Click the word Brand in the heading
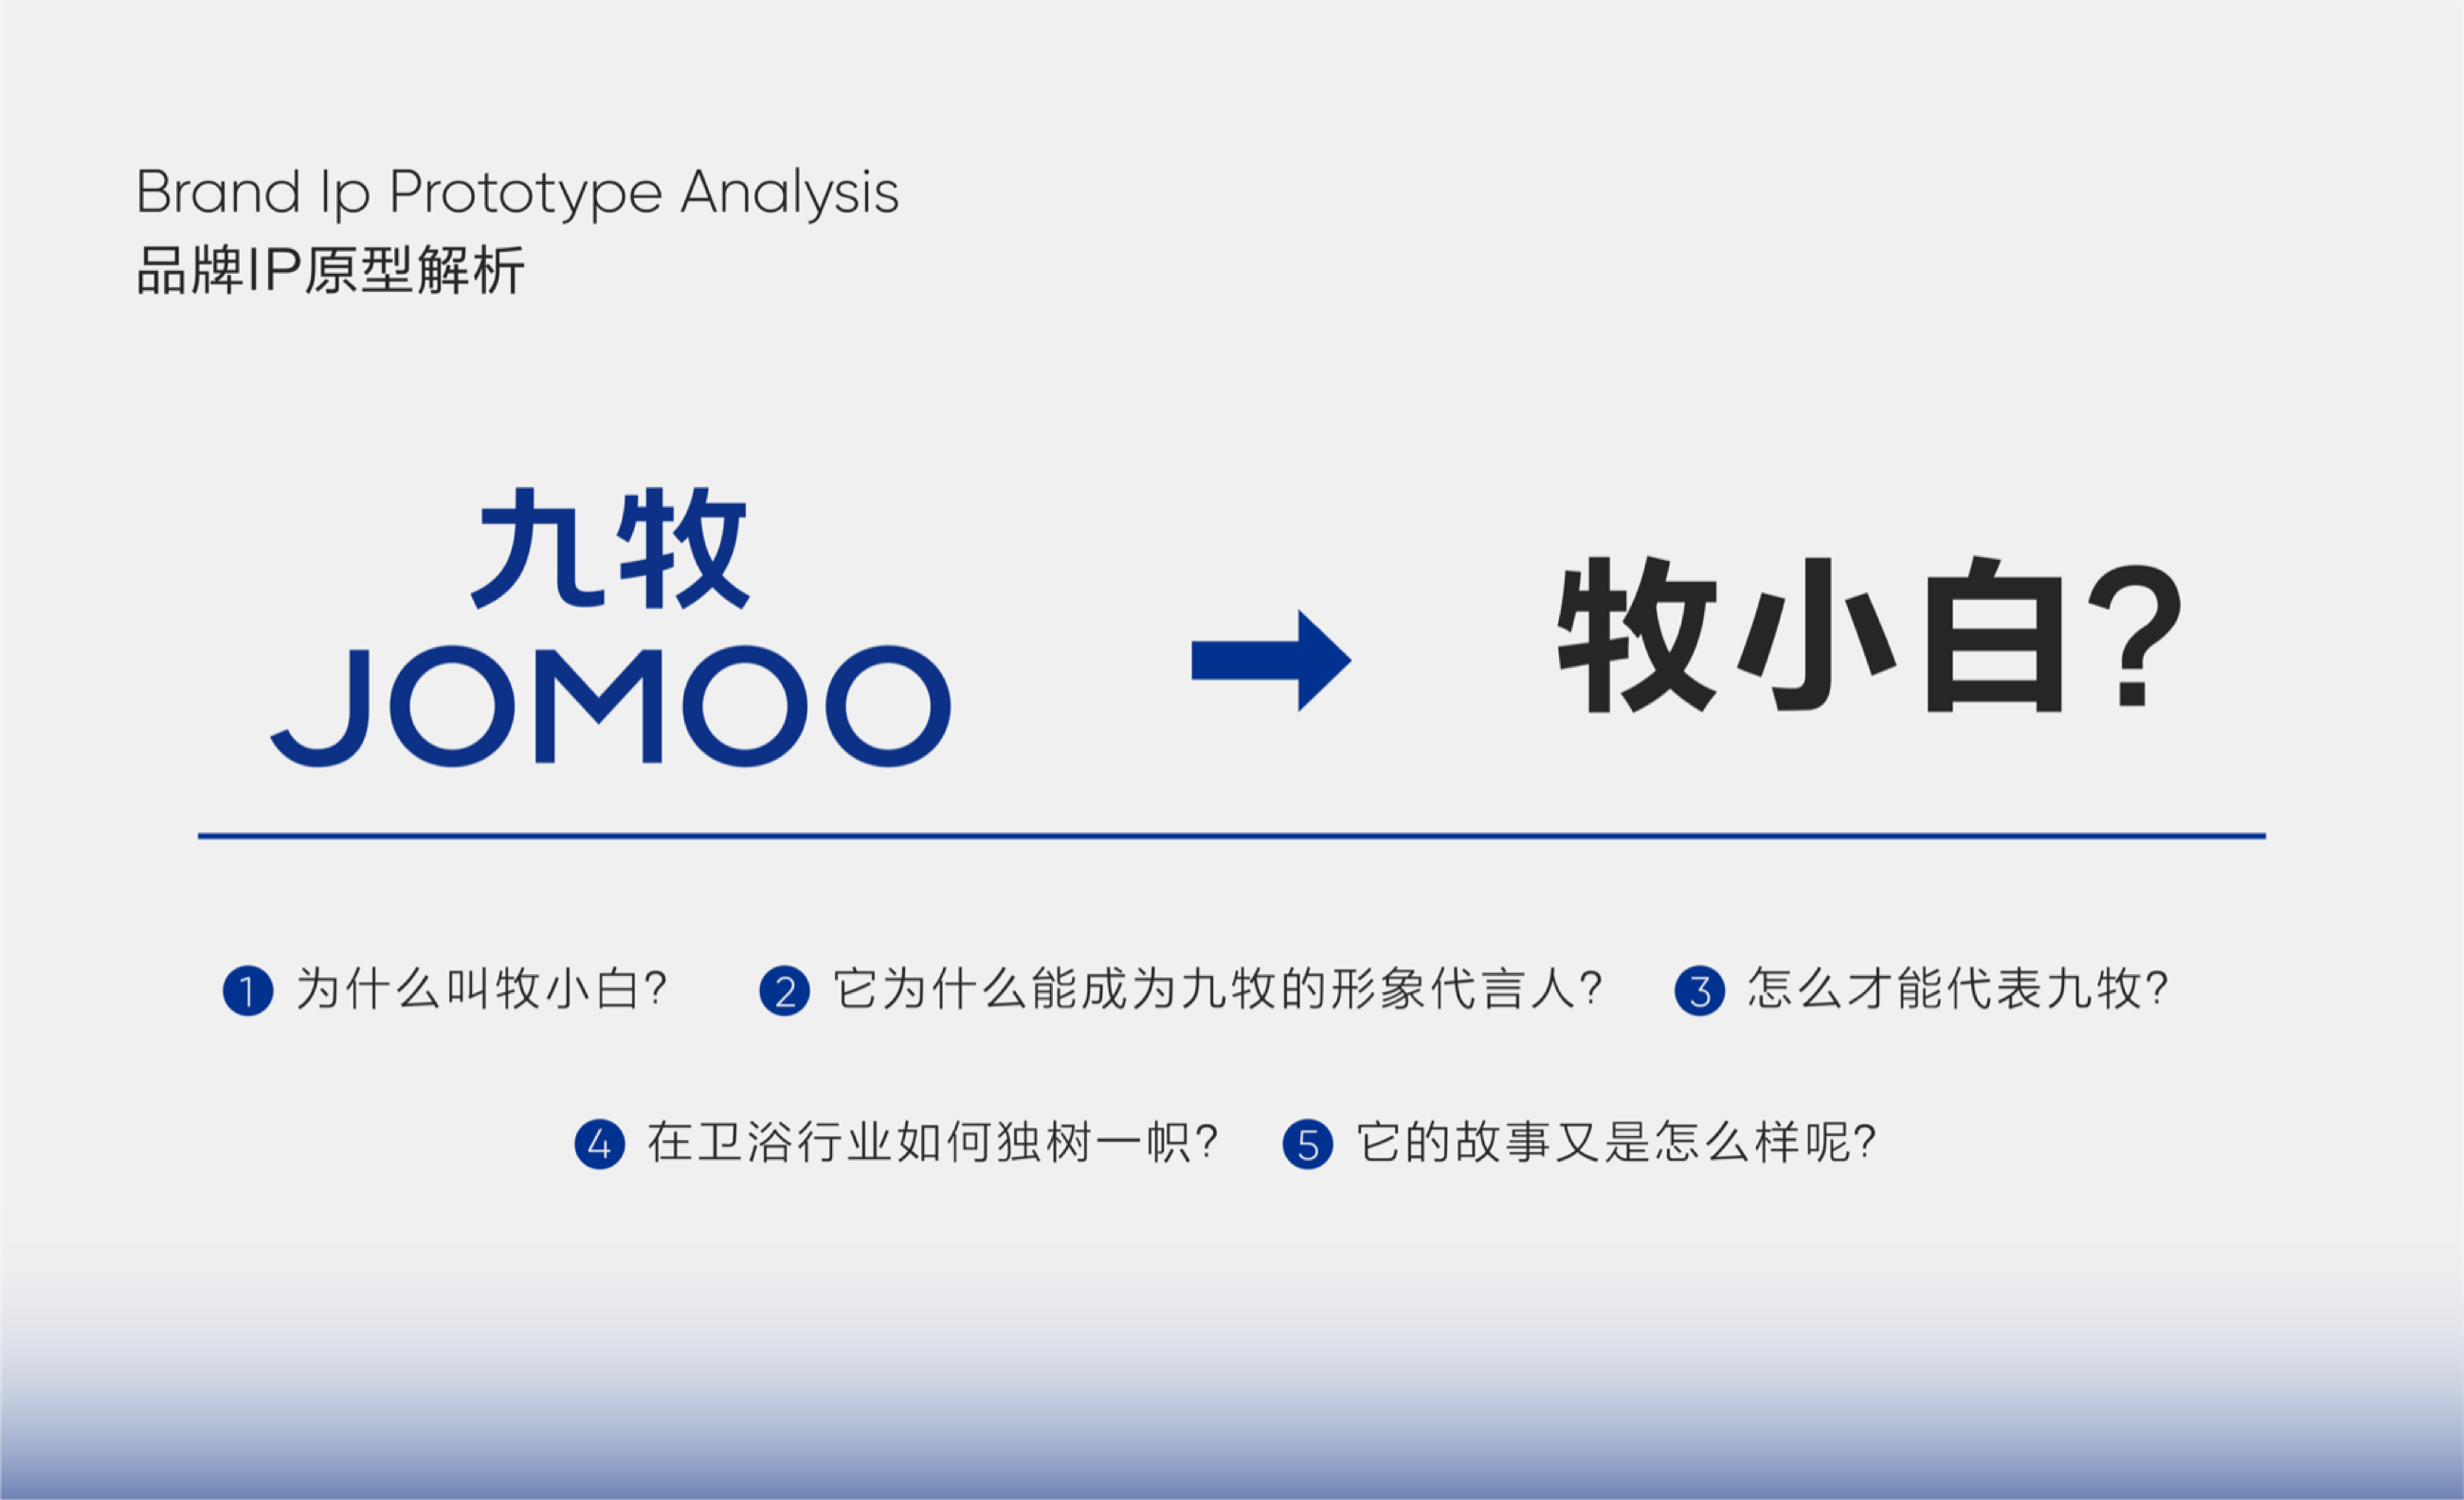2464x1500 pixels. click(218, 192)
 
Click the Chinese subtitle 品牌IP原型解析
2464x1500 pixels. click(330, 270)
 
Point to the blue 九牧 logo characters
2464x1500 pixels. click(610, 549)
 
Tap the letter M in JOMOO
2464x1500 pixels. click(599, 706)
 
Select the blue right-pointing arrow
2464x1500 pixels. click(1271, 660)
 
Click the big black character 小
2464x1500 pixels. click(1817, 634)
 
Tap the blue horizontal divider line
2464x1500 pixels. click(1232, 836)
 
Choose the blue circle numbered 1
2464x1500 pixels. click(248, 991)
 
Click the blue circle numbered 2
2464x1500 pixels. click(785, 991)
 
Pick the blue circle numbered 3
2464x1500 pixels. click(1700, 991)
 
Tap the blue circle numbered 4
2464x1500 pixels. click(600, 1144)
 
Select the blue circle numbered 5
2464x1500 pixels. click(1308, 1144)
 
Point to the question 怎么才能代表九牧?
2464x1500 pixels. click(1958, 989)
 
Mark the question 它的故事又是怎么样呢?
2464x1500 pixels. click(1616, 1142)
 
